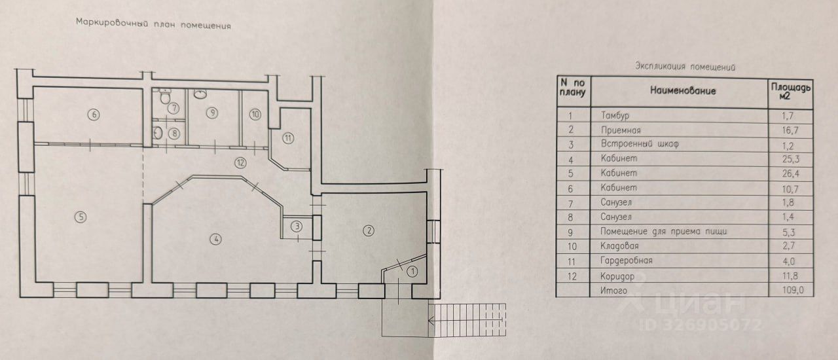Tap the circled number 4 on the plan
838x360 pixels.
[x=214, y=238]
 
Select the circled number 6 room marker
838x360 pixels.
[x=94, y=115]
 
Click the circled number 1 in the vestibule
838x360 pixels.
[x=412, y=270]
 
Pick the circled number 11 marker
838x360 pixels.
[x=289, y=137]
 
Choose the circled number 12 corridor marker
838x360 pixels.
[x=242, y=162]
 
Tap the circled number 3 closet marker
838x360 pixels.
[x=297, y=227]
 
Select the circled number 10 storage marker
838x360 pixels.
[x=255, y=113]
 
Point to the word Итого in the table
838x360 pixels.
[x=612, y=289]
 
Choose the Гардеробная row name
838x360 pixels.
[x=624, y=261]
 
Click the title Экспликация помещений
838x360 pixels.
[x=685, y=67]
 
